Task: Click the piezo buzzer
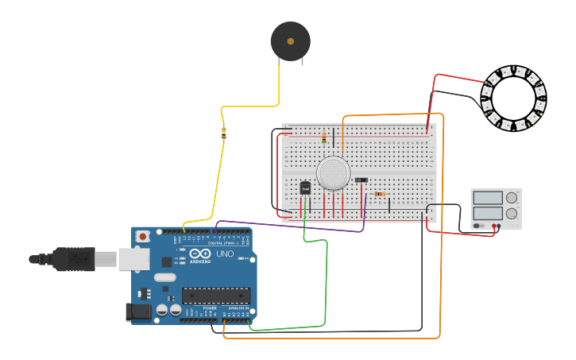pyautogui.click(x=290, y=41)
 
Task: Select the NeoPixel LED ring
pyautogui.click(x=513, y=99)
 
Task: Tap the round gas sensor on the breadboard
pyautogui.click(x=333, y=173)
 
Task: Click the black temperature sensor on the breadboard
pyautogui.click(x=305, y=188)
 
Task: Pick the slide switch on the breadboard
pyautogui.click(x=361, y=180)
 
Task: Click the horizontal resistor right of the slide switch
pyautogui.click(x=380, y=193)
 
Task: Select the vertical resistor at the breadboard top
pyautogui.click(x=324, y=138)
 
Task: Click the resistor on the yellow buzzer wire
pyautogui.click(x=223, y=134)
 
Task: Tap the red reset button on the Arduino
pyautogui.click(x=143, y=236)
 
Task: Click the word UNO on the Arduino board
pyautogui.click(x=225, y=255)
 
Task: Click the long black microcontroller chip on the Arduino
pyautogui.click(x=216, y=296)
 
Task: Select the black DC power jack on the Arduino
pyautogui.click(x=140, y=313)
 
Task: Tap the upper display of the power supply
pyautogui.click(x=488, y=197)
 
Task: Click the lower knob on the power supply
pyautogui.click(x=512, y=213)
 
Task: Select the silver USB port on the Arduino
pyautogui.click(x=134, y=259)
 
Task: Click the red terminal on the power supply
pyautogui.click(x=497, y=226)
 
